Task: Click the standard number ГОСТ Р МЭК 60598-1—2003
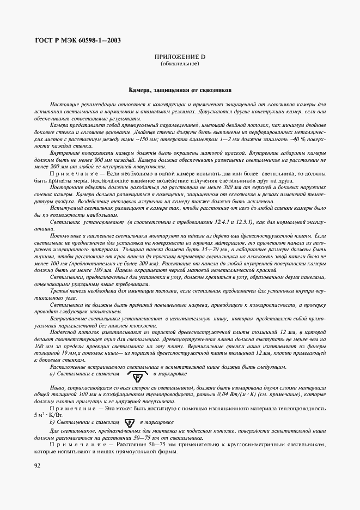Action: click(x=78, y=41)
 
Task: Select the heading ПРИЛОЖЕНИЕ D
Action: click(x=180, y=57)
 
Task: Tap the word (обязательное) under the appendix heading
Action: click(x=180, y=64)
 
